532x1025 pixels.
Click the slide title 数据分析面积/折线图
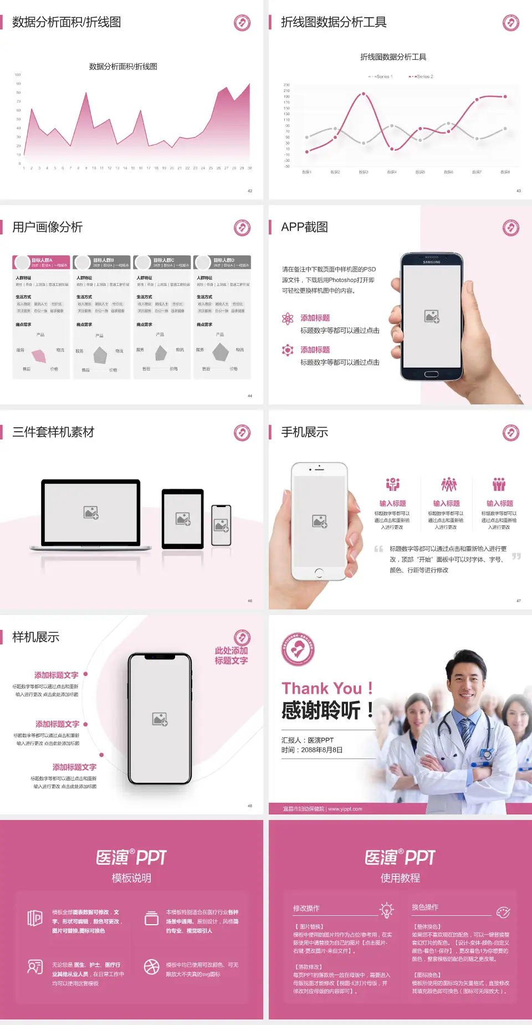66,22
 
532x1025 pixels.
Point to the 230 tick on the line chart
287,85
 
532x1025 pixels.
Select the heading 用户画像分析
48,227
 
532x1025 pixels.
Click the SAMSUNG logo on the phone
432,262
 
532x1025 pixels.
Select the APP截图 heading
304,227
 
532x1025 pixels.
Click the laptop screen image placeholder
91,512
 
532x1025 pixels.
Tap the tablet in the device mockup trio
183,519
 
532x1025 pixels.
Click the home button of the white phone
319,572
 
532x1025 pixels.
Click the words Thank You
321,688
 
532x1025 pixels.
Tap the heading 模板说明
131,878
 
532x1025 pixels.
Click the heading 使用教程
400,878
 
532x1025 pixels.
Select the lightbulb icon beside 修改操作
386,910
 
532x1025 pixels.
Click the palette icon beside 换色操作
503,912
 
